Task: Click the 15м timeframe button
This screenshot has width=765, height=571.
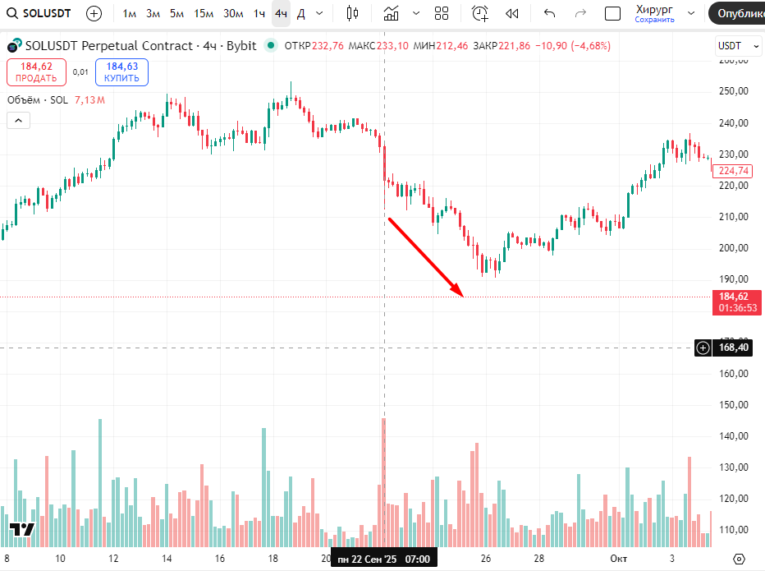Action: (x=203, y=13)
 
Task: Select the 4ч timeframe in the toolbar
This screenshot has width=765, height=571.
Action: (x=281, y=13)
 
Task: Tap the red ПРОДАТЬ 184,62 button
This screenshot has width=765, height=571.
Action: (x=36, y=72)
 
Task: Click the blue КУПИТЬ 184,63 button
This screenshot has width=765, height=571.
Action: (x=121, y=72)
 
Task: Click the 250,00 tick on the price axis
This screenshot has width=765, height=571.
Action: (x=734, y=91)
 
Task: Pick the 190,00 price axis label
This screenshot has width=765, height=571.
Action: (x=734, y=279)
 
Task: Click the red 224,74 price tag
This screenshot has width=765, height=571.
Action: (x=733, y=171)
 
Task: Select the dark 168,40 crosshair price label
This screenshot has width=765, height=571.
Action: (x=733, y=348)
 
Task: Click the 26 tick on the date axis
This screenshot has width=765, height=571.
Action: (x=486, y=559)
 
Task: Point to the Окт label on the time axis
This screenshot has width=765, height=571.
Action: (x=618, y=559)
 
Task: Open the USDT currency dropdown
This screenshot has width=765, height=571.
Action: (x=739, y=46)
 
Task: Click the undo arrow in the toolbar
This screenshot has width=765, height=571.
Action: (x=549, y=13)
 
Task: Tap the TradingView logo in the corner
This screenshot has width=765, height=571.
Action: (x=21, y=530)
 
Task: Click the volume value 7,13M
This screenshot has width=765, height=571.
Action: (x=89, y=100)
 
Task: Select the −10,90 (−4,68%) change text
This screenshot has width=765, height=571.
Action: (x=573, y=46)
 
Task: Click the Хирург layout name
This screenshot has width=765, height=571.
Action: (x=654, y=9)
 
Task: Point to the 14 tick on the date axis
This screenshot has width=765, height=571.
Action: (x=167, y=559)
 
